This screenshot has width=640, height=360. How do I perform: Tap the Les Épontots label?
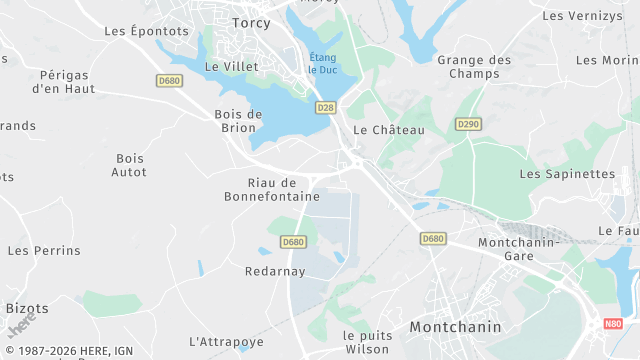click(x=146, y=31)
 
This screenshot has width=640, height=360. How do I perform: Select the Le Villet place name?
click(x=231, y=66)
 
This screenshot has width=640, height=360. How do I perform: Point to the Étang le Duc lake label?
click(x=323, y=63)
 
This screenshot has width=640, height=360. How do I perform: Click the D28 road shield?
click(x=325, y=107)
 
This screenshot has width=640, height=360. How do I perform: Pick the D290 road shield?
click(x=467, y=124)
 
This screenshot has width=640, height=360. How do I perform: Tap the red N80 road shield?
click(x=613, y=324)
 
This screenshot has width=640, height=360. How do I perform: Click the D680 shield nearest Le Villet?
click(x=169, y=81)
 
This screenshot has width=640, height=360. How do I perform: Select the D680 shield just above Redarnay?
click(x=292, y=242)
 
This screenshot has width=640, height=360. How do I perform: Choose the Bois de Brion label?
click(x=238, y=120)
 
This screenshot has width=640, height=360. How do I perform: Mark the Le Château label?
click(x=389, y=130)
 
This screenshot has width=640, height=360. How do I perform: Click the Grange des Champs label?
click(x=474, y=67)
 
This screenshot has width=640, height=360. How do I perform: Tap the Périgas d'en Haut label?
click(x=65, y=81)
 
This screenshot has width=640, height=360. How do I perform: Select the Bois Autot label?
click(x=130, y=165)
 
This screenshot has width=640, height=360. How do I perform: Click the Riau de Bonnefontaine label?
click(x=272, y=189)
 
